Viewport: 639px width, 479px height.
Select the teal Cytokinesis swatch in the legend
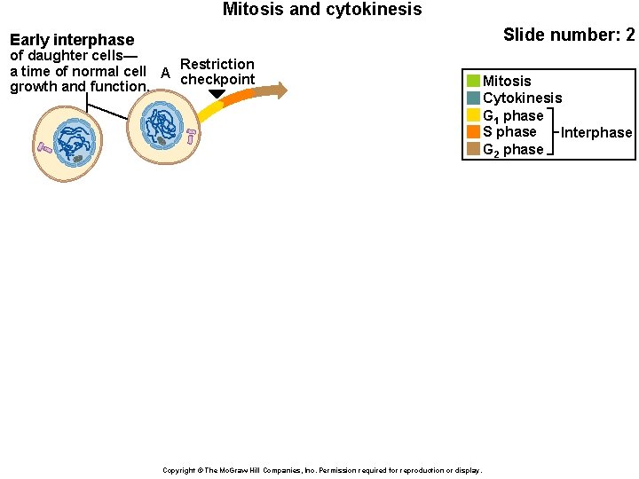pyautogui.click(x=473, y=98)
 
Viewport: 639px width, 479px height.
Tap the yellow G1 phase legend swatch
pyautogui.click(x=473, y=115)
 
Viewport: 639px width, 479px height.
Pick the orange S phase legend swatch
pyautogui.click(x=473, y=132)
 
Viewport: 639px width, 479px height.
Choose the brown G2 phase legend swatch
pyautogui.click(x=473, y=149)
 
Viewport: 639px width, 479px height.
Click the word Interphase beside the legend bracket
pyautogui.click(x=596, y=133)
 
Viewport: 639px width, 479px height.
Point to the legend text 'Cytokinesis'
pyautogui.click(x=522, y=98)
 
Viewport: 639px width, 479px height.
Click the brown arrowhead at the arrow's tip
pyautogui.click(x=280, y=90)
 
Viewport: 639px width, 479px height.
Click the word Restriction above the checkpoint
pyautogui.click(x=217, y=64)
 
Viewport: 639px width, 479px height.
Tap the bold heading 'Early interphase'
pyautogui.click(x=72, y=40)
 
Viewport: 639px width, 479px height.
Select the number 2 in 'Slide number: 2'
pyautogui.click(x=629, y=35)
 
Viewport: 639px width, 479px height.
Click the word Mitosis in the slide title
pyautogui.click(x=253, y=10)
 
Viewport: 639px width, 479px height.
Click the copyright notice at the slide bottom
pyautogui.click(x=322, y=470)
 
